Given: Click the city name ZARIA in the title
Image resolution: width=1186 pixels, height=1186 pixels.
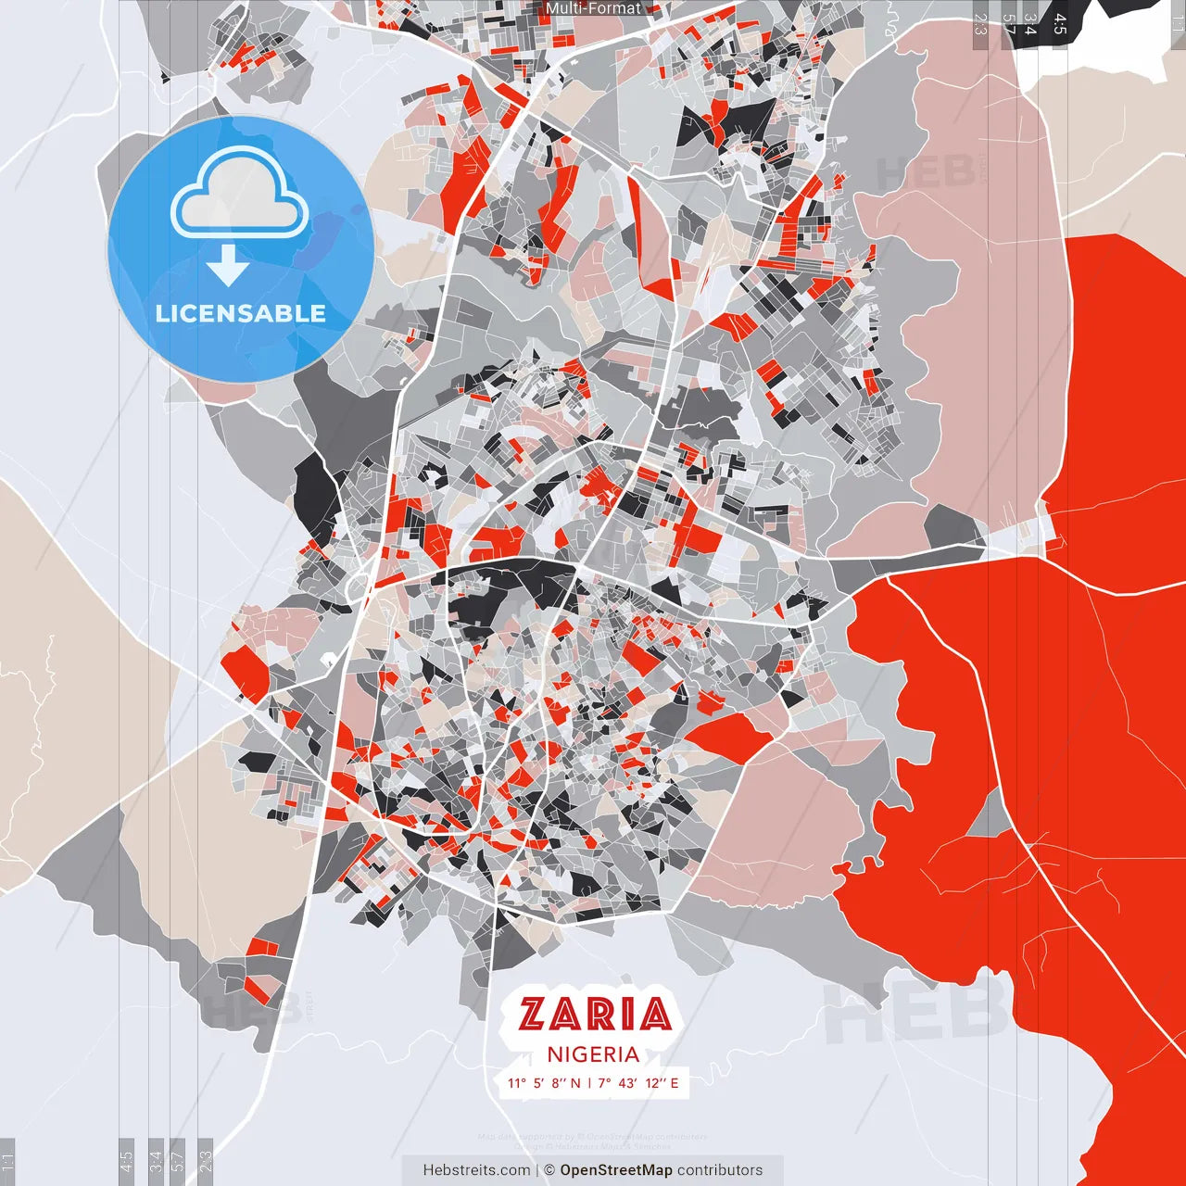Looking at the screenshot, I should pyautogui.click(x=594, y=1015).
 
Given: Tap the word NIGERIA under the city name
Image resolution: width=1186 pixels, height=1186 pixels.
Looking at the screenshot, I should pyautogui.click(x=593, y=1054).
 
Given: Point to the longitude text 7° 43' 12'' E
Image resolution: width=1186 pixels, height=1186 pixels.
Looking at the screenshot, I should pyautogui.click(x=638, y=1083).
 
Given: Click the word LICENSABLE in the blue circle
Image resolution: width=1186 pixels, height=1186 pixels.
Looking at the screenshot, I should pyautogui.click(x=241, y=313).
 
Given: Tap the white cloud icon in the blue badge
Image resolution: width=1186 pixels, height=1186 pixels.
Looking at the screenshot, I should pyautogui.click(x=240, y=196).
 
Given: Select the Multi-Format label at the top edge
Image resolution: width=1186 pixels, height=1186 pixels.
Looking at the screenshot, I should pyautogui.click(x=593, y=8).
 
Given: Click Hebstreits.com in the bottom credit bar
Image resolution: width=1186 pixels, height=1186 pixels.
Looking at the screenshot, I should pyautogui.click(x=476, y=1170).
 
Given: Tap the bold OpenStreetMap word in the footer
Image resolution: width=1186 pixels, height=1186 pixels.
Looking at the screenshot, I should pyautogui.click(x=616, y=1170).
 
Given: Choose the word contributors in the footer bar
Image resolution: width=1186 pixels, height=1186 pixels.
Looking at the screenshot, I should pyautogui.click(x=720, y=1170).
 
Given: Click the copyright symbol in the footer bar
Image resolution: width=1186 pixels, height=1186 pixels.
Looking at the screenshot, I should pyautogui.click(x=549, y=1170).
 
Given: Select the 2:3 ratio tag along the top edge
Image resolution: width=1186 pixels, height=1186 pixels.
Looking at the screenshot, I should pyautogui.click(x=980, y=23).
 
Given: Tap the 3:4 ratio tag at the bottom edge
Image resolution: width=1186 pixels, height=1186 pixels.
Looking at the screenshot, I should pyautogui.click(x=156, y=1161).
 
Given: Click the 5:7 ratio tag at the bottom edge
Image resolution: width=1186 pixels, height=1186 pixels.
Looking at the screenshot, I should pyautogui.click(x=178, y=1161).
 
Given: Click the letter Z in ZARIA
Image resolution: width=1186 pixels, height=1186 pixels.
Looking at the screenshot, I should pyautogui.click(x=532, y=1015).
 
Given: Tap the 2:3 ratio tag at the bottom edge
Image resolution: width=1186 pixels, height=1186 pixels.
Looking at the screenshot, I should pyautogui.click(x=206, y=1161).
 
